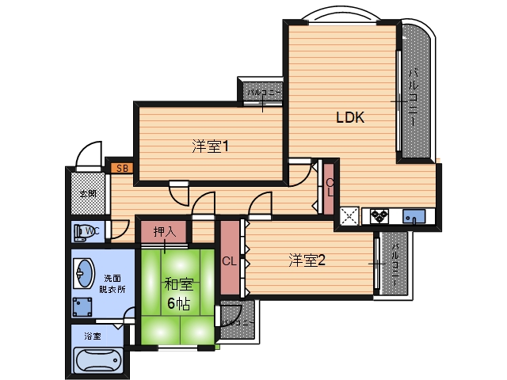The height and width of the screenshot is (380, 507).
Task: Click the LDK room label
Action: [x=349, y=118]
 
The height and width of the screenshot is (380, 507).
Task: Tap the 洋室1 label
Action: [x=210, y=146]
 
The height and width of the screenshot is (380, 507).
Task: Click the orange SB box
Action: [x=122, y=168]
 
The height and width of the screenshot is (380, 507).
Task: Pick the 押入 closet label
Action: [x=164, y=232]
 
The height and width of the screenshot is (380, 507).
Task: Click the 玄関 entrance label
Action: [x=87, y=194]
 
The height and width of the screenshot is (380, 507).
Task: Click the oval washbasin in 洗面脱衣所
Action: [x=82, y=274]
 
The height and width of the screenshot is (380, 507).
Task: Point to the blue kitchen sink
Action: [x=413, y=215]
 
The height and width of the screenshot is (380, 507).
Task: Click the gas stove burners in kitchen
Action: [x=379, y=215]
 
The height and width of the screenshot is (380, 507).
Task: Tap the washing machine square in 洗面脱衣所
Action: [x=83, y=308]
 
